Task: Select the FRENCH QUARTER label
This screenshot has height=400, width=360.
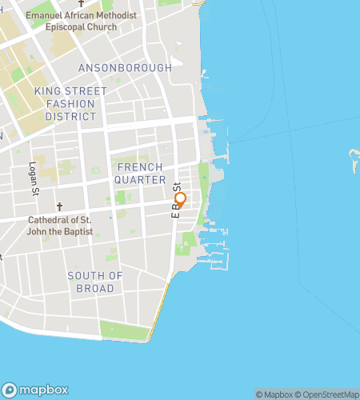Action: click(139, 173)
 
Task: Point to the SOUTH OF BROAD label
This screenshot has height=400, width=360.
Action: click(95, 282)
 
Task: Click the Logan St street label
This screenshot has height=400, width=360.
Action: click(34, 180)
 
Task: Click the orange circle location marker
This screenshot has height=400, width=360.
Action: click(180, 199)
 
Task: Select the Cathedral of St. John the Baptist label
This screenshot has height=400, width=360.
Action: click(60, 226)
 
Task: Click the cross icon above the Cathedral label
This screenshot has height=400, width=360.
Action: click(59, 206)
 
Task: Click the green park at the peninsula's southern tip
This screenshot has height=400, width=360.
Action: click(125, 330)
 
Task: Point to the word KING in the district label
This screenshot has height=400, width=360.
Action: click(46, 92)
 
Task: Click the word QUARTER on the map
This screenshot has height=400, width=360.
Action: click(139, 179)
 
